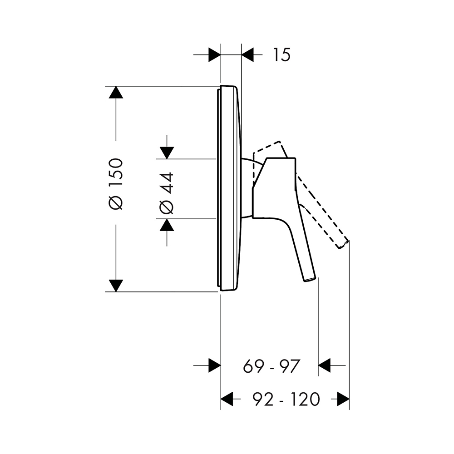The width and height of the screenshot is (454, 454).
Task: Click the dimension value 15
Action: pos(281,55)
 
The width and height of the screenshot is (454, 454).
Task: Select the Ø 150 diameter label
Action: pos(116,184)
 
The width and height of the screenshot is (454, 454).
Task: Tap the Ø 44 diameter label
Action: pos(167,193)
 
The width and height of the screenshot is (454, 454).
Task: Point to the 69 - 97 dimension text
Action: pos(271,366)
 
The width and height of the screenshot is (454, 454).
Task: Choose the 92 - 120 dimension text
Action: pos(286,400)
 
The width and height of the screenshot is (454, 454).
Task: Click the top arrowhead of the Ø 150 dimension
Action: pos(116,92)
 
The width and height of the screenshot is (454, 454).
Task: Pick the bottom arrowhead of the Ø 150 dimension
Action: pos(116,286)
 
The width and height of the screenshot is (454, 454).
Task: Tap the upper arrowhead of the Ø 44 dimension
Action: pos(167,153)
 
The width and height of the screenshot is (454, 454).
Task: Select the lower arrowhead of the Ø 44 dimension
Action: pos(167,225)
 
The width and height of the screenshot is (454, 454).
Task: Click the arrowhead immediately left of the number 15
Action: pos(247,55)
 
